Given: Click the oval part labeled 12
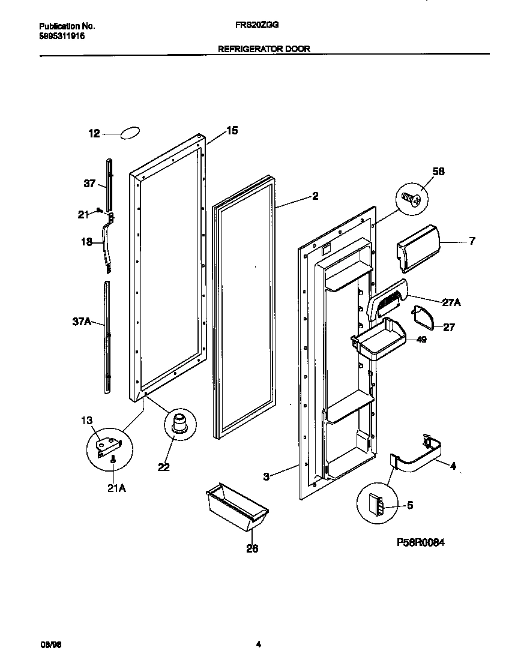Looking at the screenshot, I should click(131, 133).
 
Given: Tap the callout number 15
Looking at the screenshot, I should click(232, 130).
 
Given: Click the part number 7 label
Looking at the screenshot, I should click(472, 241).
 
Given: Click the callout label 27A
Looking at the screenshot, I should click(451, 303).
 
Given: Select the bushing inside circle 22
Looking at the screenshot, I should click(178, 422).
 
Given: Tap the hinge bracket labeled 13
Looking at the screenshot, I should click(109, 445).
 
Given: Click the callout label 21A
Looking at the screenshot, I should click(116, 488).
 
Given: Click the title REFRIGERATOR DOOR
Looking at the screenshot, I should click(264, 49).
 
